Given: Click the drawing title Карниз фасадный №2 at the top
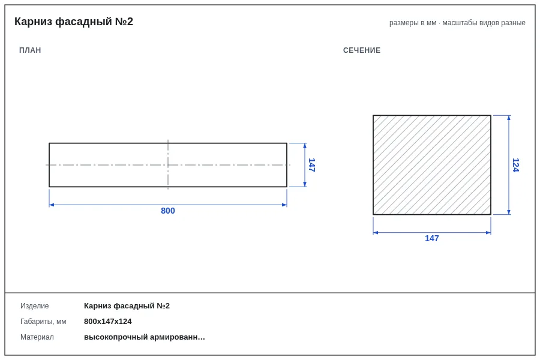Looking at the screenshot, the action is tap(74, 22).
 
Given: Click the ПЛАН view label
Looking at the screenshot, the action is tap(30, 50).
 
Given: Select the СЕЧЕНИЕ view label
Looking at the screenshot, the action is tap(362, 50).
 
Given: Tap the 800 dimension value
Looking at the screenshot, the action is tap(168, 211).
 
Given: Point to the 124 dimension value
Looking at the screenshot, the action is tap(515, 165).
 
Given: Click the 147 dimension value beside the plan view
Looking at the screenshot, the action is tap(311, 165).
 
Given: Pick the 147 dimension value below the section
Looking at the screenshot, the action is tap(432, 238).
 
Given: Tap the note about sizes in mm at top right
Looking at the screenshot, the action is tap(457, 23).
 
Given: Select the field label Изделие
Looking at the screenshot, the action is tap(34, 306).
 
